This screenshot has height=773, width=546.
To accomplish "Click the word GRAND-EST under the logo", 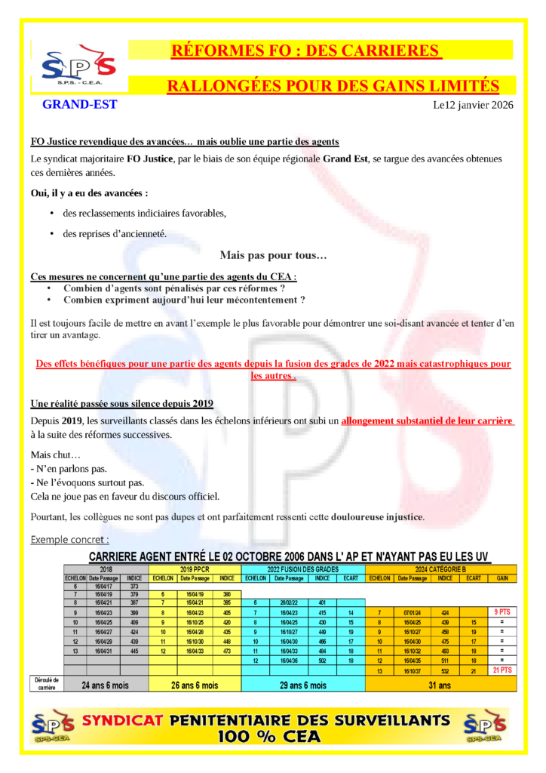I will tap(79, 104).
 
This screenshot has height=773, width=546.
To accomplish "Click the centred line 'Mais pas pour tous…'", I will tap(273, 256).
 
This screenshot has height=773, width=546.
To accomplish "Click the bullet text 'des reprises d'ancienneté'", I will tap(115, 233).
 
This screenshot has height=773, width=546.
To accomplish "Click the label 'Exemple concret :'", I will tap(69, 540).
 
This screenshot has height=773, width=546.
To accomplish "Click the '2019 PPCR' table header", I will tap(195, 568).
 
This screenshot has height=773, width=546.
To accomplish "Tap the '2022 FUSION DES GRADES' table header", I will tap(302, 568).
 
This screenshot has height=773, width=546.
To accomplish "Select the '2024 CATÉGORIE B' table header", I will tap(440, 568).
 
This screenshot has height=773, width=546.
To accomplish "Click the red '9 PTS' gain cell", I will tap(502, 612).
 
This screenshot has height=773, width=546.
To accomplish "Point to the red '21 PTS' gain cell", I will tap(502, 670).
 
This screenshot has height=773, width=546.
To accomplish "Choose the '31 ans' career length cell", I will tap(440, 685).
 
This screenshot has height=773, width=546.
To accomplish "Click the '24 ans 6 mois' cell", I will tap(106, 685).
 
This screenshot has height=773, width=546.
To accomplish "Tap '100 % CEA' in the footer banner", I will tap(268, 737).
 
